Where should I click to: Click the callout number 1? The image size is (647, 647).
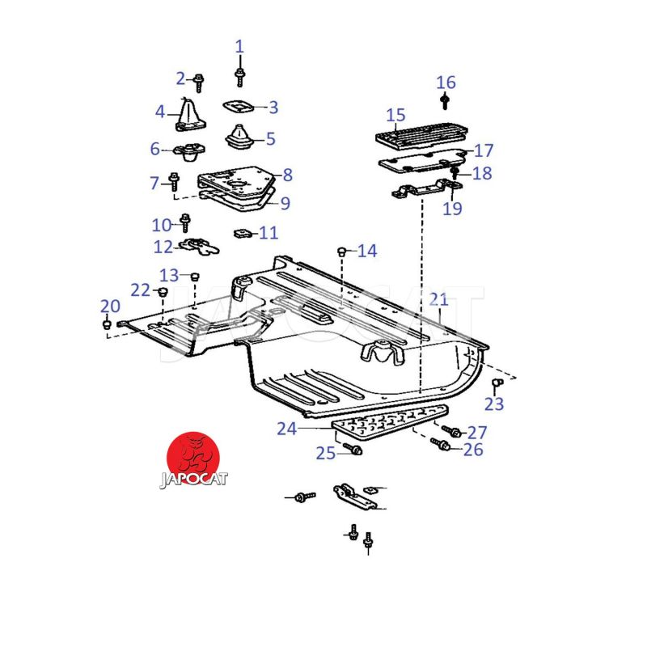point(239,46)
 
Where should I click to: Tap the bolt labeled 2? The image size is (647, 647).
point(199,80)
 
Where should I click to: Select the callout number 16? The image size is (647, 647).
point(446,82)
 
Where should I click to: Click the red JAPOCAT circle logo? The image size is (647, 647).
point(194,458)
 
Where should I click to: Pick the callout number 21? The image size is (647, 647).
point(438,300)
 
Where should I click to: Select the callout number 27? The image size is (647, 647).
point(477,432)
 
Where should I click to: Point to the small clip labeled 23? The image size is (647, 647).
point(498,382)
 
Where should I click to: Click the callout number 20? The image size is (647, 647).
point(110,306)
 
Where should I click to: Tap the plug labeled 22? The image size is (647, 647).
point(162,292)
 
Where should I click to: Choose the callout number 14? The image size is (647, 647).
point(367,252)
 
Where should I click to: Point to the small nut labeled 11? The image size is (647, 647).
point(241,234)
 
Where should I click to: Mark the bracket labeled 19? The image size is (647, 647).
point(421,193)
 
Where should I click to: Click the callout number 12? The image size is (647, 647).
point(163,246)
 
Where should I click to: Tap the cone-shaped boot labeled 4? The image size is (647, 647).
point(191,114)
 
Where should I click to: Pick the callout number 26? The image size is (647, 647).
point(472,449)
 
